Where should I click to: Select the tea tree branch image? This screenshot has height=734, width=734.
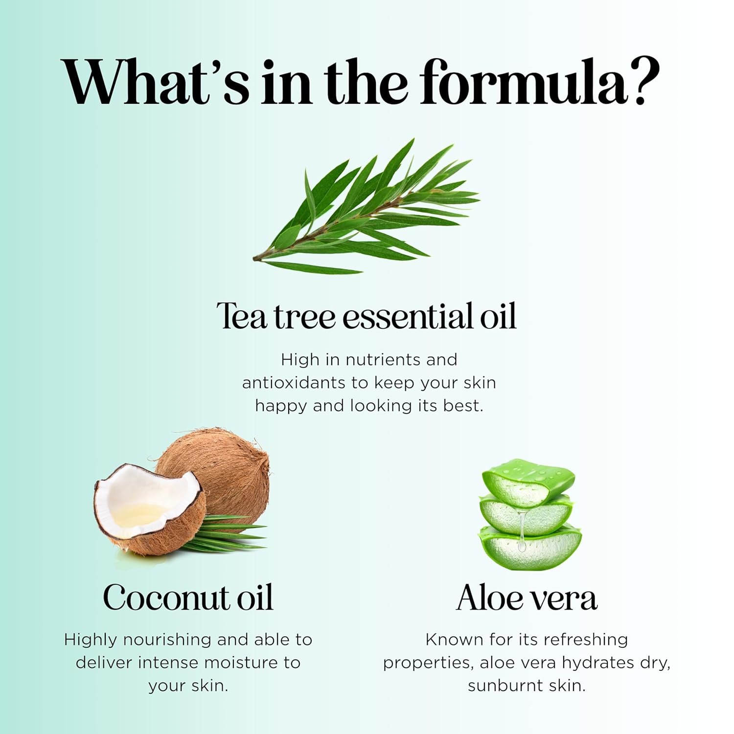tap(367, 210)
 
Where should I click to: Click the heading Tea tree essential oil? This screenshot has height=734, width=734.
tap(367, 316)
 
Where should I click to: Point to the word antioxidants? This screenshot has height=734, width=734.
tap(294, 383)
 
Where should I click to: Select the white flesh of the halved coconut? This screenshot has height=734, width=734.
tap(142, 494)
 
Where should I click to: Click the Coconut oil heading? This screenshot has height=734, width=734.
tap(188, 598)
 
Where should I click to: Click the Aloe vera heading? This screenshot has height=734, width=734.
tap(527, 598)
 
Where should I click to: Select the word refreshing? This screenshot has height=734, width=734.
tap(585, 640)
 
